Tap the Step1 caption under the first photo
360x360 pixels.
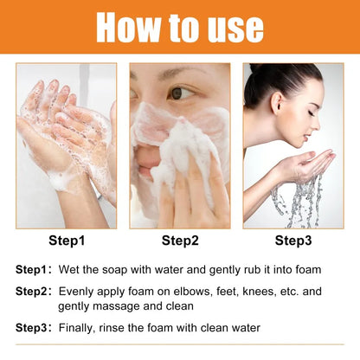point(66,240)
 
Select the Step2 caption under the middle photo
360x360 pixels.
point(181,240)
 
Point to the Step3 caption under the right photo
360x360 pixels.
point(294,240)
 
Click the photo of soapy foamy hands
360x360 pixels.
point(66,145)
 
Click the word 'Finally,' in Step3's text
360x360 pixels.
point(79,328)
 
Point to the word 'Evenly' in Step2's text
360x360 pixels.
point(77,292)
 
